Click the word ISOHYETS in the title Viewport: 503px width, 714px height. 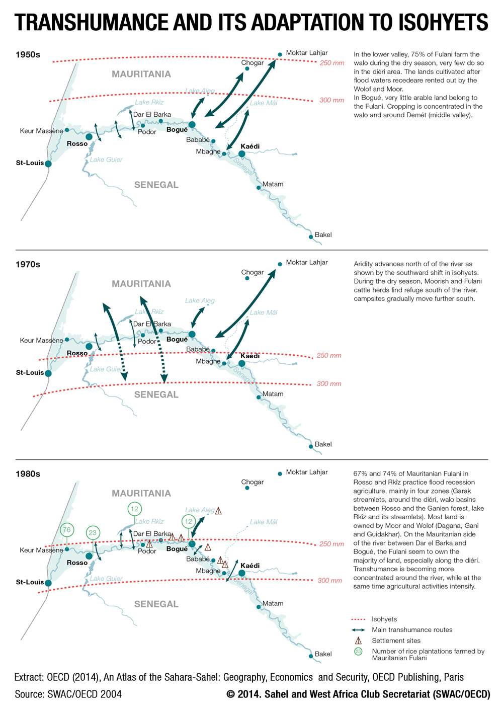[x=444, y=22]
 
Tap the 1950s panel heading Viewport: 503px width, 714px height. [x=28, y=54]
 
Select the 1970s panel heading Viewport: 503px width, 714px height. [x=28, y=264]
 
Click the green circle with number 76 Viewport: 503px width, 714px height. [x=67, y=530]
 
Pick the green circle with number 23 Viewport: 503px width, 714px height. [x=93, y=533]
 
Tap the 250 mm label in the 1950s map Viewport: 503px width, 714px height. [x=332, y=63]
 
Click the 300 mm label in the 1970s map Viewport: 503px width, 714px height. [x=329, y=383]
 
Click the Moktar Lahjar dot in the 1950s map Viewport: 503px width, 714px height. [x=280, y=54]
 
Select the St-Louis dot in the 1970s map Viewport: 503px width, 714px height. [x=48, y=373]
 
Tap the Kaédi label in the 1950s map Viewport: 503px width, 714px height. [x=250, y=146]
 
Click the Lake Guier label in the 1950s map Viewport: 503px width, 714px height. [x=106, y=160]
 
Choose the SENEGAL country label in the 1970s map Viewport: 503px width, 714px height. [x=156, y=394]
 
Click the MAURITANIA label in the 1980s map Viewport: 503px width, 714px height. [x=141, y=493]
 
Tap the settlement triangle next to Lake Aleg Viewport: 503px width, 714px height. [x=218, y=511]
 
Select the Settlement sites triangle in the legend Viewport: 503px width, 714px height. [x=358, y=641]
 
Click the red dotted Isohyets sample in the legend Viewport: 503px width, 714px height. [x=358, y=619]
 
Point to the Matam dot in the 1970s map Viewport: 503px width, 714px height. [x=259, y=397]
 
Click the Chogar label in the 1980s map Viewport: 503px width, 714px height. [x=253, y=482]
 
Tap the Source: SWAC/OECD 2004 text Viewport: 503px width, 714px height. [x=68, y=694]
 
